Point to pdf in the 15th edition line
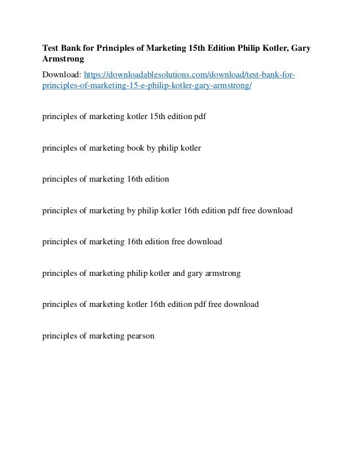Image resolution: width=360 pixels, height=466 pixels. (199, 117)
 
